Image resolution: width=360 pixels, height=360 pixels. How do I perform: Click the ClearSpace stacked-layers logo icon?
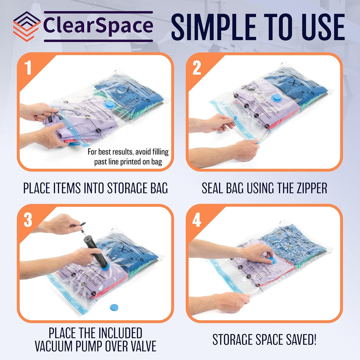click(27, 26)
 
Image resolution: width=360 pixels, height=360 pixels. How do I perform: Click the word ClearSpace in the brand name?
click(98, 26)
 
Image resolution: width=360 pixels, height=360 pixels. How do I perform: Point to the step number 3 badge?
click(28, 220)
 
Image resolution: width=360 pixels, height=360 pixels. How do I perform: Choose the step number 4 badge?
click(197, 220)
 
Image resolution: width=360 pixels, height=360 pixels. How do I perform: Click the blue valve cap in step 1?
click(110, 104)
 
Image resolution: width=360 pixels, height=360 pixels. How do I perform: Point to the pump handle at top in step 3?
click(83, 224)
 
